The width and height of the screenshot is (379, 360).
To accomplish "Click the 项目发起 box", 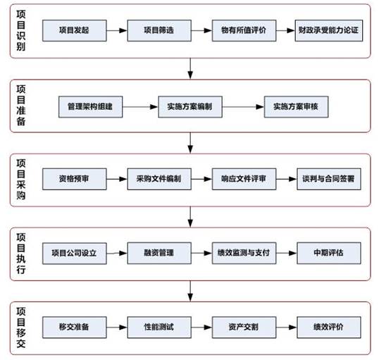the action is pos(75,30).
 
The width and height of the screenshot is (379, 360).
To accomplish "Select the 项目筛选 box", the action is pos(159,30).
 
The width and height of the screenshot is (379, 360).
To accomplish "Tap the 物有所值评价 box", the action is pos(244,30).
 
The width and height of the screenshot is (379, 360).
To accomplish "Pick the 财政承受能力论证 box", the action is pos(329,30).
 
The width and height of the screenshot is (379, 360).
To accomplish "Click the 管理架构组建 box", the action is pos(91,107).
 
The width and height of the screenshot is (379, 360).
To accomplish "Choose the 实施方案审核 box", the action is pos(296,107).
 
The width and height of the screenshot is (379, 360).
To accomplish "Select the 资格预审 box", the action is pos(75,179).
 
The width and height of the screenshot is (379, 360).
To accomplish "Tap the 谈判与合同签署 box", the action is pos(329,179).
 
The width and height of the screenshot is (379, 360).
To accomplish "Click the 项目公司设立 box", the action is pos(75,254).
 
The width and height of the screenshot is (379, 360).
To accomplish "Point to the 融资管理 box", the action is pos(159,253).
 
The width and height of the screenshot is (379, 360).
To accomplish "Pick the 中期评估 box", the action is pos(329,253).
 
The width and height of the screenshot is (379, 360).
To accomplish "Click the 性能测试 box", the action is pos(159,327).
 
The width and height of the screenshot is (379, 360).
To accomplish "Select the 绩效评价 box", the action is pos(329,327).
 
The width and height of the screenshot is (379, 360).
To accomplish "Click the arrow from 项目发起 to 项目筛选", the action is pos(117,30).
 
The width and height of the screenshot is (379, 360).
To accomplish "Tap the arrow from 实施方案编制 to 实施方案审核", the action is pos(243,107).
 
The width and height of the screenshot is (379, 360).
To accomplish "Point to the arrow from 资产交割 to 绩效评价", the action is pos(287,327).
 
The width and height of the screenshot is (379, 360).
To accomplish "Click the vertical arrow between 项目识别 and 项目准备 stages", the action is pos(190,68).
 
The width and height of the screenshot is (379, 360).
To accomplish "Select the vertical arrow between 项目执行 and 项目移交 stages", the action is pos(190,291).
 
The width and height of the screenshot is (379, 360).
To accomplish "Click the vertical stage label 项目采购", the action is pos(21,180).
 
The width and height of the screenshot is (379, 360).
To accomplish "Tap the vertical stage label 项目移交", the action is pos(21,328).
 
